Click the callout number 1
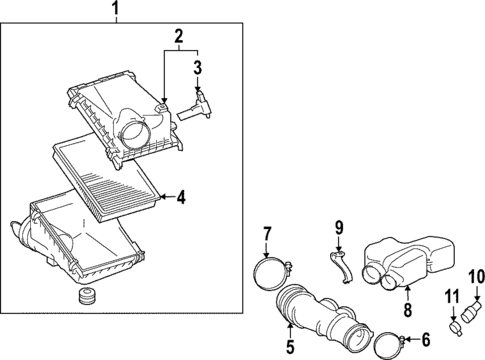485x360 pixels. [116, 12]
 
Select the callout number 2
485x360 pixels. [180, 38]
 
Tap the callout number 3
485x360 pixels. [198, 68]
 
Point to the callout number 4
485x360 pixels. [181, 197]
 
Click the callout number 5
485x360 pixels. [289, 348]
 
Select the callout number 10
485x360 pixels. [476, 275]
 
